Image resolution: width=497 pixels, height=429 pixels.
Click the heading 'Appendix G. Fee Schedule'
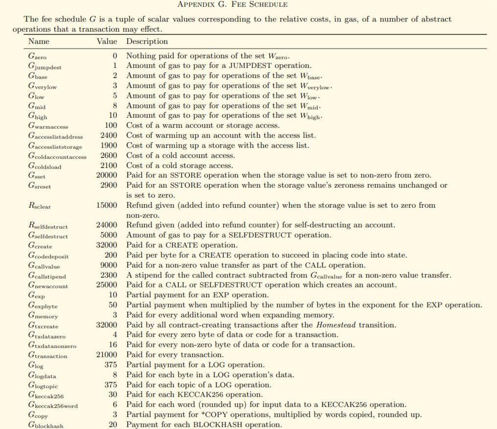(x=232, y=4)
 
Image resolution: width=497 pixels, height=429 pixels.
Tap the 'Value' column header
(x=107, y=42)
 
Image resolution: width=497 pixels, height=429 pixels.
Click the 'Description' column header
(x=147, y=42)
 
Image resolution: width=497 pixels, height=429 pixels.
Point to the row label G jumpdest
(x=45, y=66)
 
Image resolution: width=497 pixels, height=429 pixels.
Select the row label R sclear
(x=40, y=206)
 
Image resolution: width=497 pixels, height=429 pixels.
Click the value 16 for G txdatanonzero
(x=113, y=345)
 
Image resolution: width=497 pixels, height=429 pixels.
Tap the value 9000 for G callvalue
(x=109, y=265)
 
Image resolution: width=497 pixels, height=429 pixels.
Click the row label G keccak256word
(x=53, y=405)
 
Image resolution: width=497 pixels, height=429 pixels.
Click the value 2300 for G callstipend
(x=109, y=275)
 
